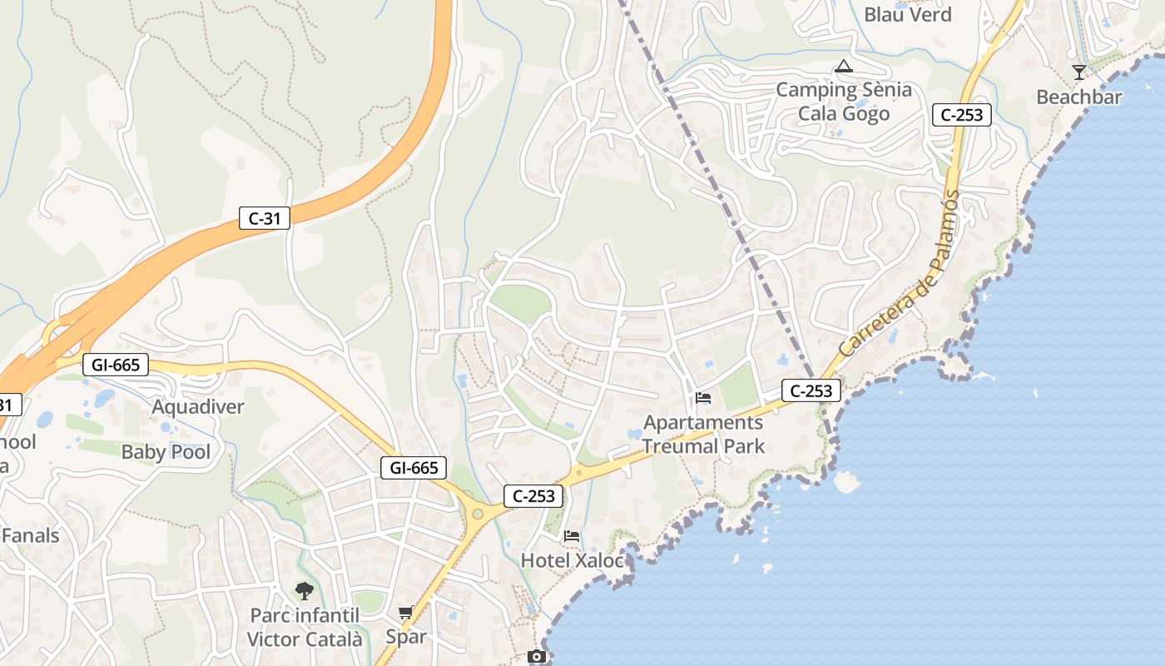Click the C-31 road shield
point(265,218)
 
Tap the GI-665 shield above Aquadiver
point(116,365)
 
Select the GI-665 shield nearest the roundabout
point(414,468)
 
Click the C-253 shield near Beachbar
point(961,115)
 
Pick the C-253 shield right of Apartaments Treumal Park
point(811,390)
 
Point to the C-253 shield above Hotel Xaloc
point(533,496)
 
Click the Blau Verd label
point(907,14)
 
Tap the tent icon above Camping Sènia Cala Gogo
point(843,67)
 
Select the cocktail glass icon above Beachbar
point(1079,72)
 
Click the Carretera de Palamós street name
point(900,275)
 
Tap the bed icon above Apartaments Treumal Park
point(703,398)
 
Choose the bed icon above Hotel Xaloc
point(572,535)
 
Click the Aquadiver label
point(198,407)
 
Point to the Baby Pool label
point(166,452)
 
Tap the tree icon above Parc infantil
point(305,591)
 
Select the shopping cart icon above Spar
point(405,613)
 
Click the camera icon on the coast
point(537,657)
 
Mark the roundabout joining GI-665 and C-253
point(478,514)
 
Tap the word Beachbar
point(1078,97)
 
